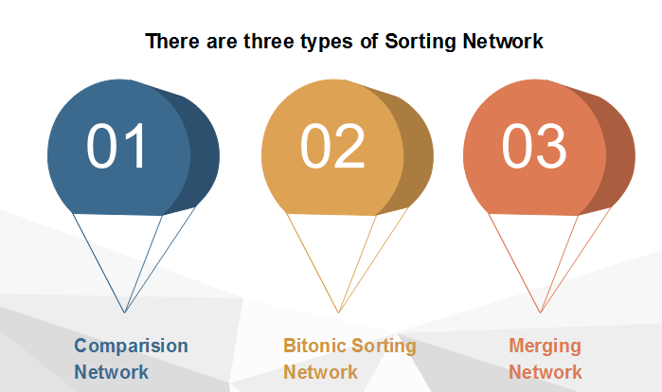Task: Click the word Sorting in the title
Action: point(420,43)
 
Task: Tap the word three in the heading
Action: point(270,42)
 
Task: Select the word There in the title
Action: point(172,42)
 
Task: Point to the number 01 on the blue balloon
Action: point(116,146)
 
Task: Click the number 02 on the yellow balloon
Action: point(332,146)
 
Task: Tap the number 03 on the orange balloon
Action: point(533,146)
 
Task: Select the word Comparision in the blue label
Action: point(132,346)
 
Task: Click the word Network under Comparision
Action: point(112,372)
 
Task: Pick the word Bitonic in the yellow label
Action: point(314,346)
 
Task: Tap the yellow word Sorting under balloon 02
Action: point(384,347)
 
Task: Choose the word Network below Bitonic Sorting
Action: point(320,372)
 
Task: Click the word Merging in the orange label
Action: point(546,347)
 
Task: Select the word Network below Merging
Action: point(546,372)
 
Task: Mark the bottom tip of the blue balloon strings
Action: point(125,312)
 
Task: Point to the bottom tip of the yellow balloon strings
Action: point(339,312)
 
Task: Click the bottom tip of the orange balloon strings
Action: point(540,312)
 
